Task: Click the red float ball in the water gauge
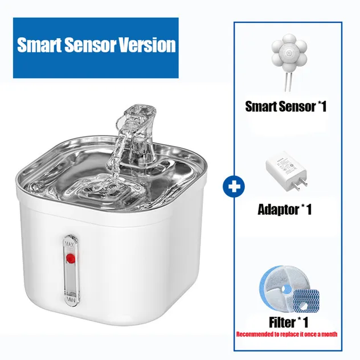[71, 259]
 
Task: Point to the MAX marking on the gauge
[69, 244]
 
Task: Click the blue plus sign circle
[234, 187]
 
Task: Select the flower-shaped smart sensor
[289, 53]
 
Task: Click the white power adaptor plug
[286, 171]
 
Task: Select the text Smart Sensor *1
[286, 107]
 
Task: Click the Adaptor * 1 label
[285, 210]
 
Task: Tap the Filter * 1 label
[288, 322]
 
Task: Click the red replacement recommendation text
[287, 334]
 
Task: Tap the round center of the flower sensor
[289, 54]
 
